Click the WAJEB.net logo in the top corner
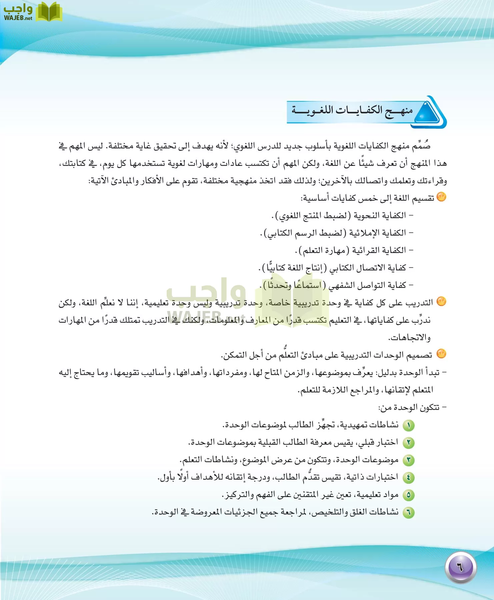click(32, 12)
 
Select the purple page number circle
click(460, 567)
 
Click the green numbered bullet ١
click(408, 425)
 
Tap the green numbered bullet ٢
click(408, 443)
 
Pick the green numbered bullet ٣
click(408, 460)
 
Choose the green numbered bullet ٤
click(408, 478)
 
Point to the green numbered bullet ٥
click(408, 495)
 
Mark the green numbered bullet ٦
click(408, 512)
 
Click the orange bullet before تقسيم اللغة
click(441, 197)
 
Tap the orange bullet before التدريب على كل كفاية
click(441, 301)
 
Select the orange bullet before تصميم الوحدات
click(441, 354)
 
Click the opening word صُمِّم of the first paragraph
click(421, 146)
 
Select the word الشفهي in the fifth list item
click(341, 285)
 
